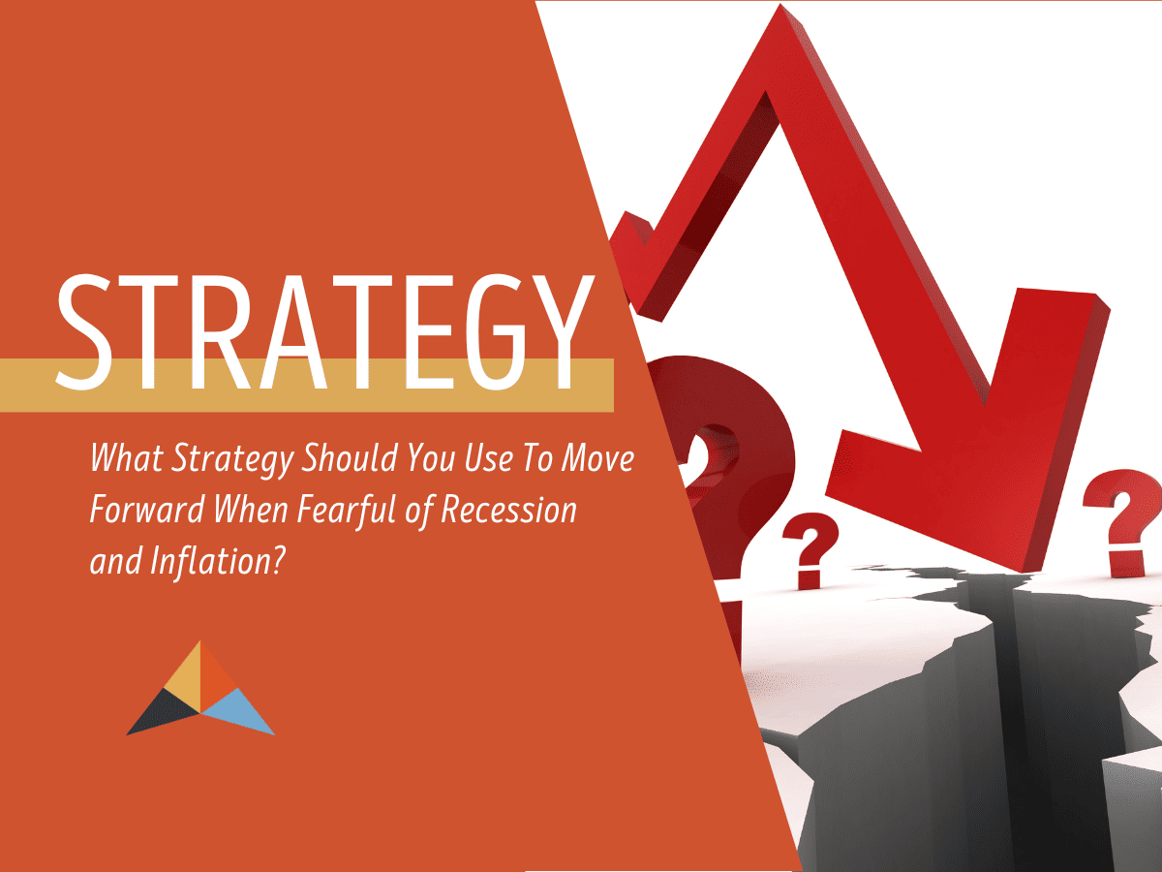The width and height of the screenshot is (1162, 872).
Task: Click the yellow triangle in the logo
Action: [x=182, y=678]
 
